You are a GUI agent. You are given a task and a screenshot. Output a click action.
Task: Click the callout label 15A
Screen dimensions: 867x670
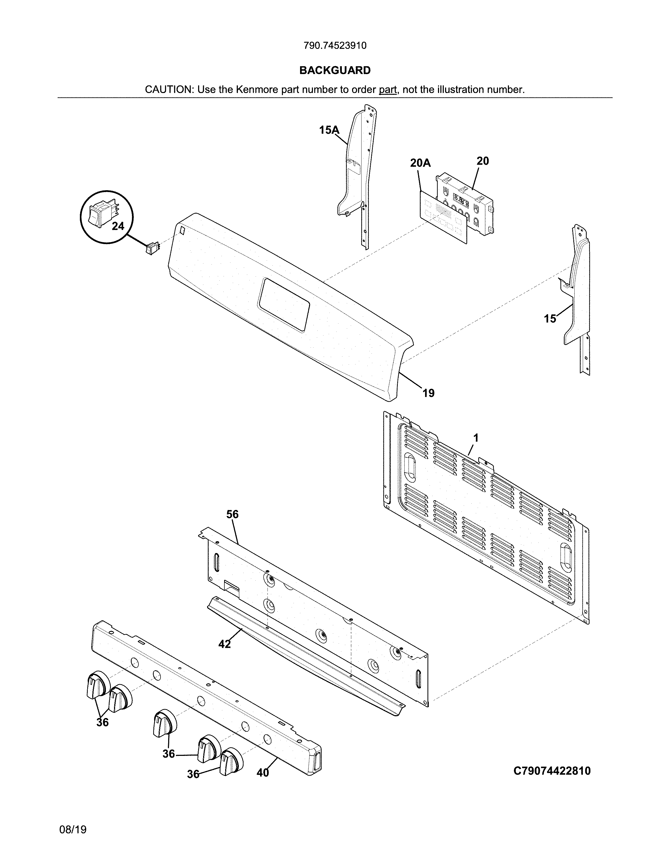329,130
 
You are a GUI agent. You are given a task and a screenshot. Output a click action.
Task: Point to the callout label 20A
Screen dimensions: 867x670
420,163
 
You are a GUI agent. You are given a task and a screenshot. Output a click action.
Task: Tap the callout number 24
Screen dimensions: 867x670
118,226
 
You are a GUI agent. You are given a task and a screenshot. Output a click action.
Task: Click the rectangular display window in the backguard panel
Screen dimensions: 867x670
284,305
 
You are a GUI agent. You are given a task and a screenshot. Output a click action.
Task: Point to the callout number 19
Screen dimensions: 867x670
428,393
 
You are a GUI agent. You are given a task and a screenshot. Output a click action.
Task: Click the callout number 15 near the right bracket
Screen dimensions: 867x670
550,319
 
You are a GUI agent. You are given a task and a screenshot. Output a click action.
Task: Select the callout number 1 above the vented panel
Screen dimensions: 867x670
476,438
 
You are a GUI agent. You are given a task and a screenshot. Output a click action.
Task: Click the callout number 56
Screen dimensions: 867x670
232,514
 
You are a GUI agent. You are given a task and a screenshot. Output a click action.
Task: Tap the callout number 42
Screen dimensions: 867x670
224,644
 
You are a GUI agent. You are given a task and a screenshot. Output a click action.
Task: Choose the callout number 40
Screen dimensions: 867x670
263,772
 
